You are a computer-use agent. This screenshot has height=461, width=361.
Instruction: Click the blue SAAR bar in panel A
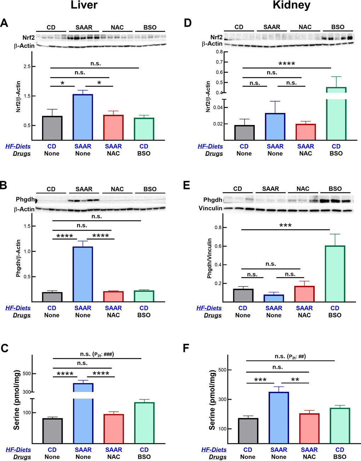click(83, 117)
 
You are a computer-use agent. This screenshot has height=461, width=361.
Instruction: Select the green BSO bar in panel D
click(336, 117)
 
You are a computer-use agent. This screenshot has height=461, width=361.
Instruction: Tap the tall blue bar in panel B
click(83, 274)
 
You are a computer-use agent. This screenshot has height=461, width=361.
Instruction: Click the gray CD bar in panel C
click(52, 431)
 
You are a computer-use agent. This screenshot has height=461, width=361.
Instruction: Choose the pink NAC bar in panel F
click(309, 428)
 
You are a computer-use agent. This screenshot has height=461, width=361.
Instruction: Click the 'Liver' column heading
click(84, 5)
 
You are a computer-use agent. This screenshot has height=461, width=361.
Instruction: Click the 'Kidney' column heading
click(291, 5)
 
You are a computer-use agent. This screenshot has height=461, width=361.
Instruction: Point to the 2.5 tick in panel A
click(27, 67)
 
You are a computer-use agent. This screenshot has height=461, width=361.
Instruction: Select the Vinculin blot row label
click(210, 208)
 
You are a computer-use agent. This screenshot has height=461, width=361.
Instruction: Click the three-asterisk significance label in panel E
click(285, 226)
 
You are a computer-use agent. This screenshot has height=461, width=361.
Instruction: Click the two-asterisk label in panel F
click(295, 380)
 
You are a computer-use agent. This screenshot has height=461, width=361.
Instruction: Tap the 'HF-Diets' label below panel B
click(18, 308)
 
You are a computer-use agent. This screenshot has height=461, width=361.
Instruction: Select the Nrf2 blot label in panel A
click(28, 37)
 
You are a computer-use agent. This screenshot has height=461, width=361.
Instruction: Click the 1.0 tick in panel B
click(27, 251)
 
